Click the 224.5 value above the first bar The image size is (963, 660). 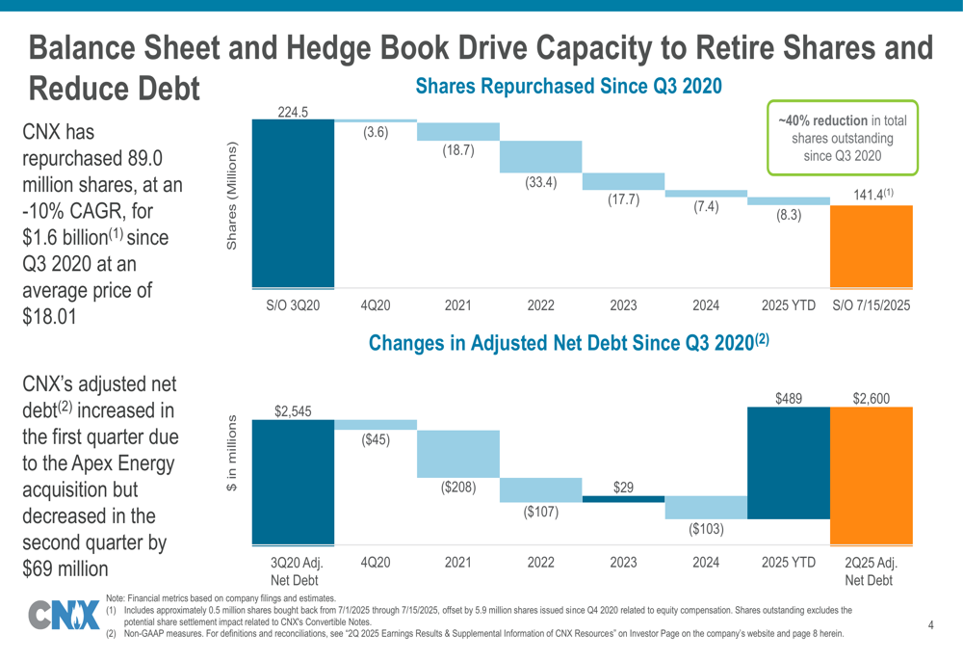pyautogui.click(x=293, y=112)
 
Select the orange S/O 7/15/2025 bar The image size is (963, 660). pyautogui.click(x=871, y=246)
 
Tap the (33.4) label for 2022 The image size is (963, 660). pyautogui.click(x=540, y=182)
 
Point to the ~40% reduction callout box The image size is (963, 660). pyautogui.click(x=843, y=138)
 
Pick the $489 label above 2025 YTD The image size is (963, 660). pyautogui.click(x=789, y=397)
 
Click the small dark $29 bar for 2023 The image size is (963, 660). pyautogui.click(x=623, y=498)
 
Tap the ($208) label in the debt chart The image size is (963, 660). pyautogui.click(x=457, y=488)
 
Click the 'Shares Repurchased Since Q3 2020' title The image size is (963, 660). pyautogui.click(x=568, y=87)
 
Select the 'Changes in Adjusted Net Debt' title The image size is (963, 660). pyautogui.click(x=568, y=342)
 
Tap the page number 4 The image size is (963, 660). pyautogui.click(x=931, y=626)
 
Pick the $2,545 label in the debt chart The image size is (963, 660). pyautogui.click(x=293, y=412)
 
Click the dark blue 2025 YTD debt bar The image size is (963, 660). pyautogui.click(x=789, y=462)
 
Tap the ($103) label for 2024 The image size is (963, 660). pyautogui.click(x=705, y=529)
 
